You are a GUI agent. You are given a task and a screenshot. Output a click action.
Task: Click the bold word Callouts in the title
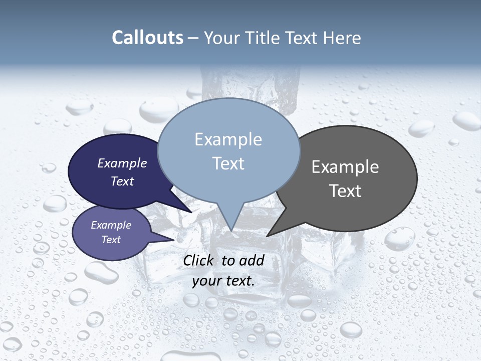[x=147, y=38]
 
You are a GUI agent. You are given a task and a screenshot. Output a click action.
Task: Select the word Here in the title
[x=343, y=38]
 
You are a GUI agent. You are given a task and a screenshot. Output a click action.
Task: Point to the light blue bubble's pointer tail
[x=230, y=221]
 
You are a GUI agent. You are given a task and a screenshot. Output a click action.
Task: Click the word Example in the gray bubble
[x=345, y=167]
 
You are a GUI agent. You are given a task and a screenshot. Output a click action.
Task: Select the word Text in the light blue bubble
[x=228, y=163]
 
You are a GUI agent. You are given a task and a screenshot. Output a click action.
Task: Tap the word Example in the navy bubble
[x=122, y=163]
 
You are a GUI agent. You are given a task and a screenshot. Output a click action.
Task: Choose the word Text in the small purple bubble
[x=111, y=240]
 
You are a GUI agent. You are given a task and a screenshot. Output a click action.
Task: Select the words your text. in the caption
[x=223, y=281]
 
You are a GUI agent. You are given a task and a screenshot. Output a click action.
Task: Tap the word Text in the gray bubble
[x=345, y=191]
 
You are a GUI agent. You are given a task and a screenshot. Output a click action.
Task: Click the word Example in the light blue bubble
[x=228, y=139]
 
